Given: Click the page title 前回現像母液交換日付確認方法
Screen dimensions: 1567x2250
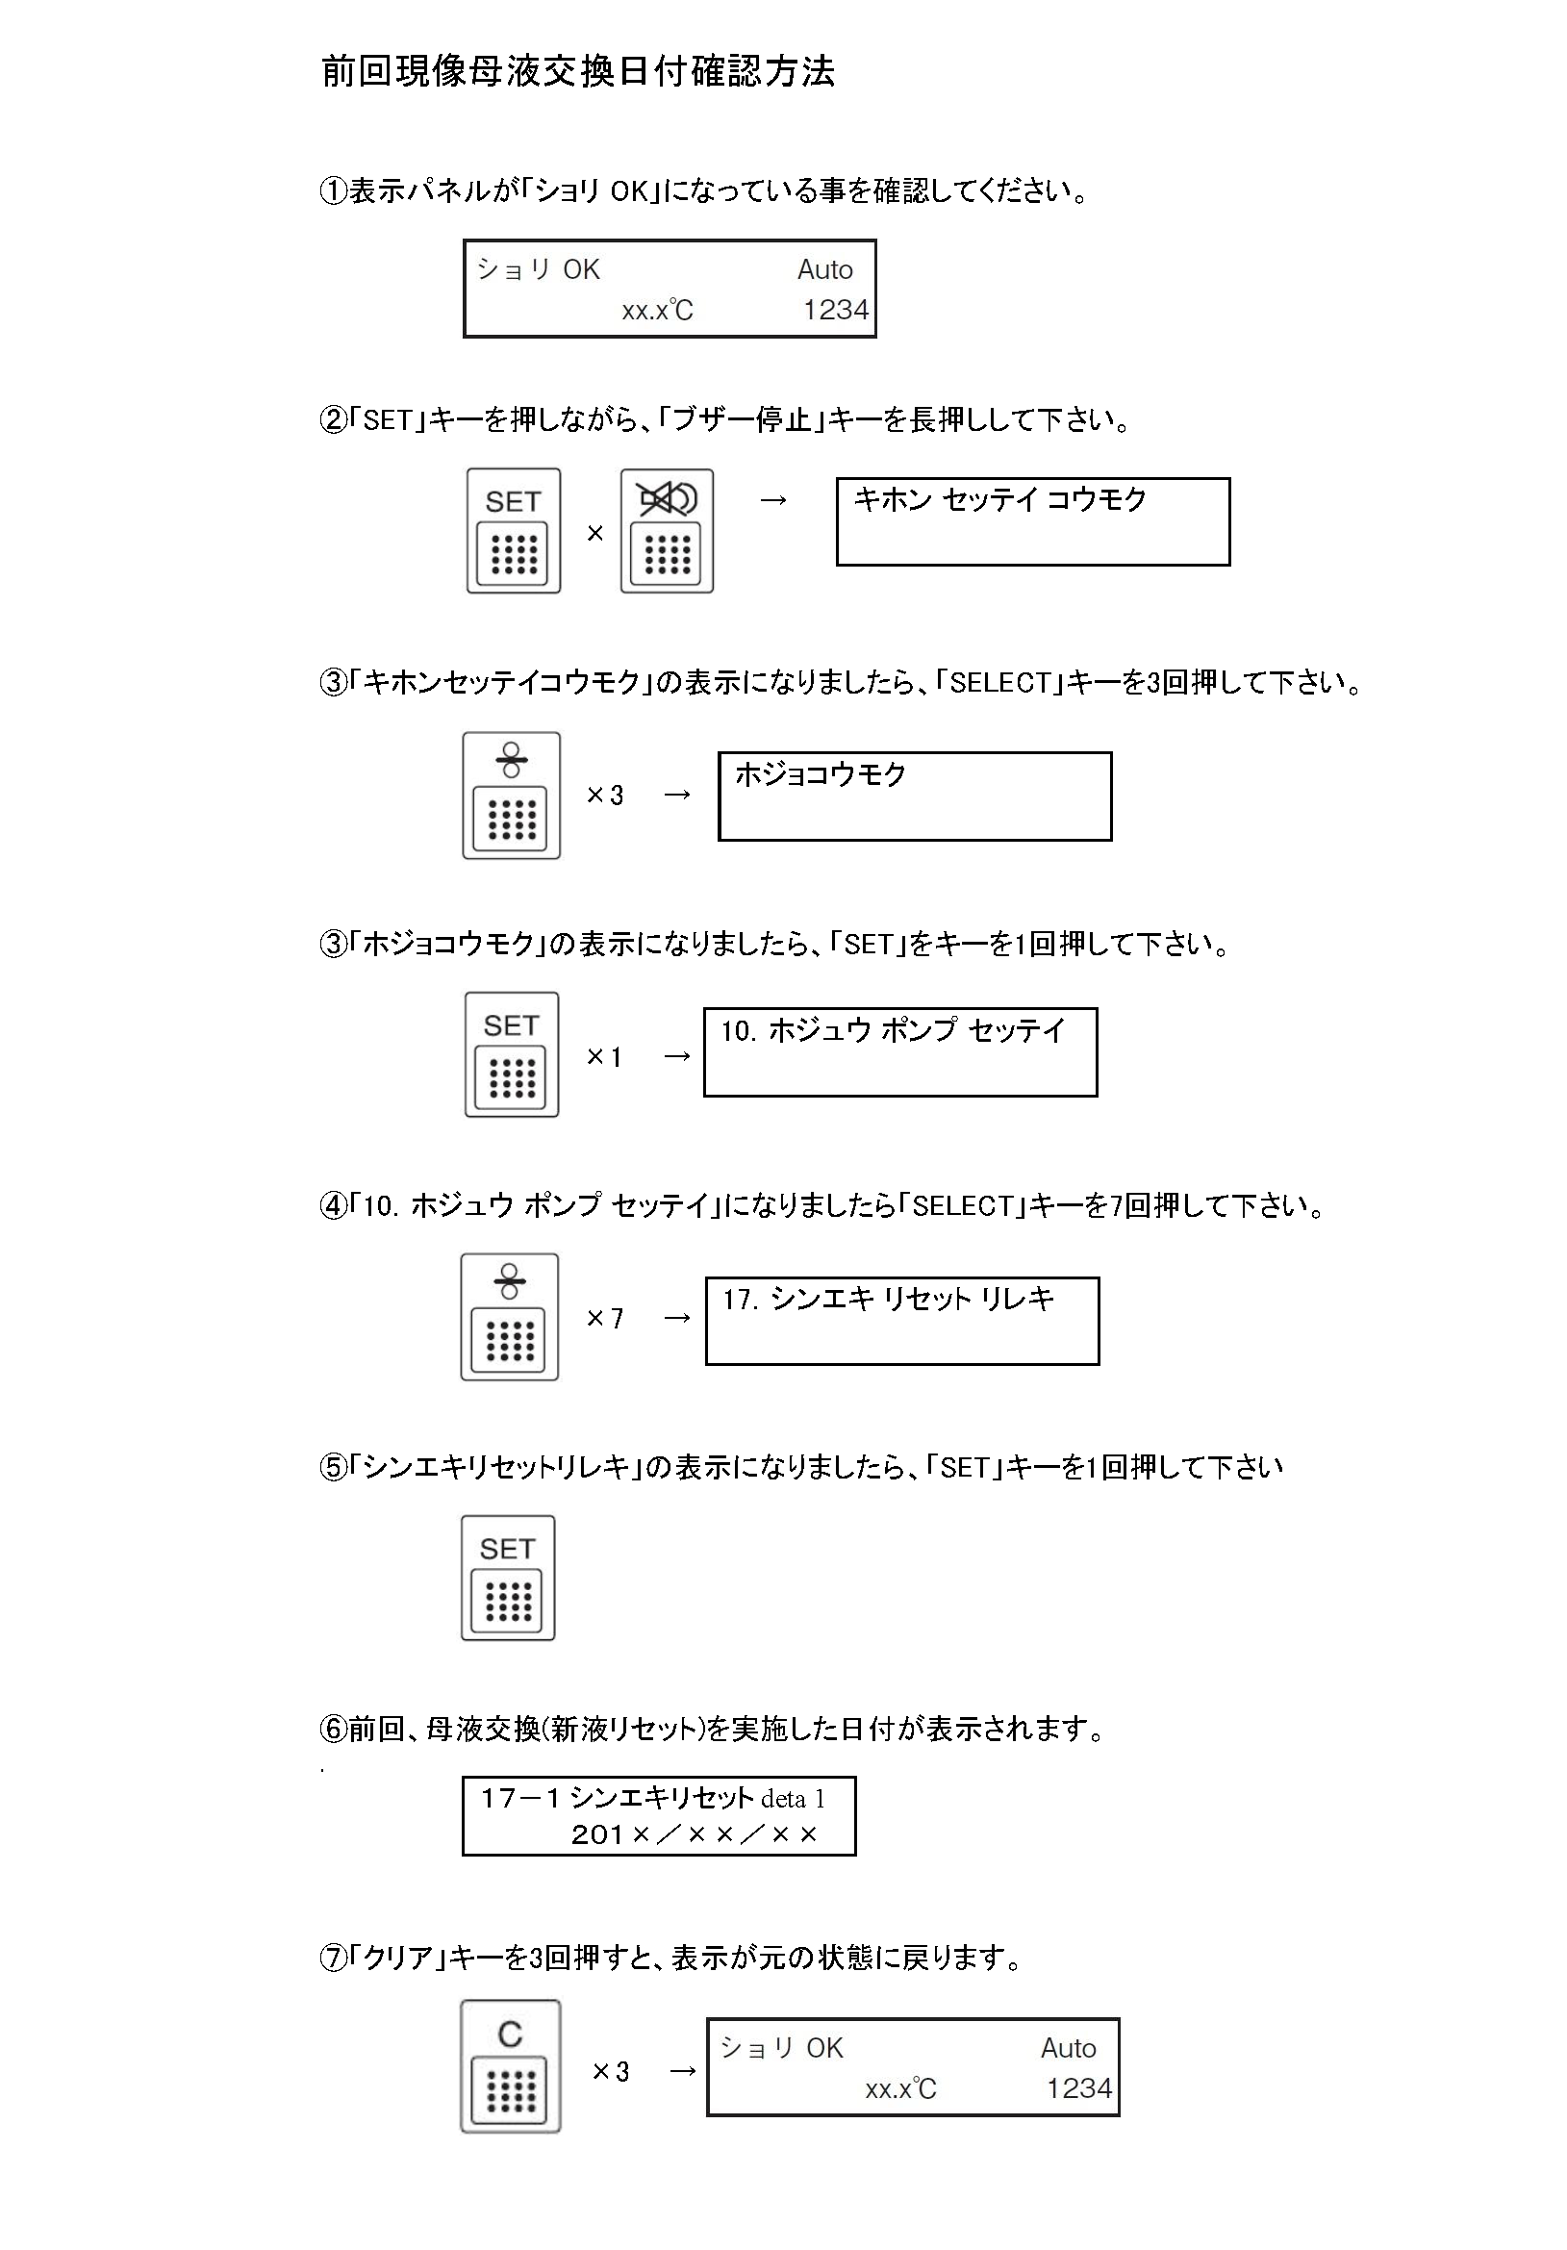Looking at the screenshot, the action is (x=578, y=71).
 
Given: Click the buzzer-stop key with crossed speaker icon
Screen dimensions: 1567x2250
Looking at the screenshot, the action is (x=667, y=530).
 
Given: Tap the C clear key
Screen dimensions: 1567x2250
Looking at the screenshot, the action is (x=511, y=2065).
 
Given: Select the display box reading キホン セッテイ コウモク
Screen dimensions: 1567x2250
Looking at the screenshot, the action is (x=1033, y=521).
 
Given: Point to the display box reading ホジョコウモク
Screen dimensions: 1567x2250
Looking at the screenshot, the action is (x=916, y=796).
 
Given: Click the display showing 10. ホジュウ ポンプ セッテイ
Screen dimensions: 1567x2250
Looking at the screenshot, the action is (x=900, y=1051).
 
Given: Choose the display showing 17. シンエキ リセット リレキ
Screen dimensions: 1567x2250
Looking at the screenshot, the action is (x=902, y=1320).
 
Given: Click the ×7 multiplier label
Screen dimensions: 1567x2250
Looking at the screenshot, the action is (x=605, y=1318).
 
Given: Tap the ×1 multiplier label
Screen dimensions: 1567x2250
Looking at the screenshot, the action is (x=604, y=1056).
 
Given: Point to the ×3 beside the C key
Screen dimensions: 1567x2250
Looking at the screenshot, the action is (x=611, y=2071).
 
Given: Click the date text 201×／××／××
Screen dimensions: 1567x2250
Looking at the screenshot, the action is (x=694, y=1833).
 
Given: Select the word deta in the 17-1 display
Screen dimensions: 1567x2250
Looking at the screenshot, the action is (x=783, y=1798).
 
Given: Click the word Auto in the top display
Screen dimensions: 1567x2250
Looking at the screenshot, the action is (x=825, y=269).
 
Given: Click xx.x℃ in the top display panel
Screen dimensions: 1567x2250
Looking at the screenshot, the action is (x=657, y=311).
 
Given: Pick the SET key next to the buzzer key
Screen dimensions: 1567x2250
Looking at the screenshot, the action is (x=514, y=530).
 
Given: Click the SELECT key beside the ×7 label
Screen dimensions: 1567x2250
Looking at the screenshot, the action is (x=510, y=1316).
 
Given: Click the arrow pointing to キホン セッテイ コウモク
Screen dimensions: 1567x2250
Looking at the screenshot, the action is (x=773, y=501).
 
